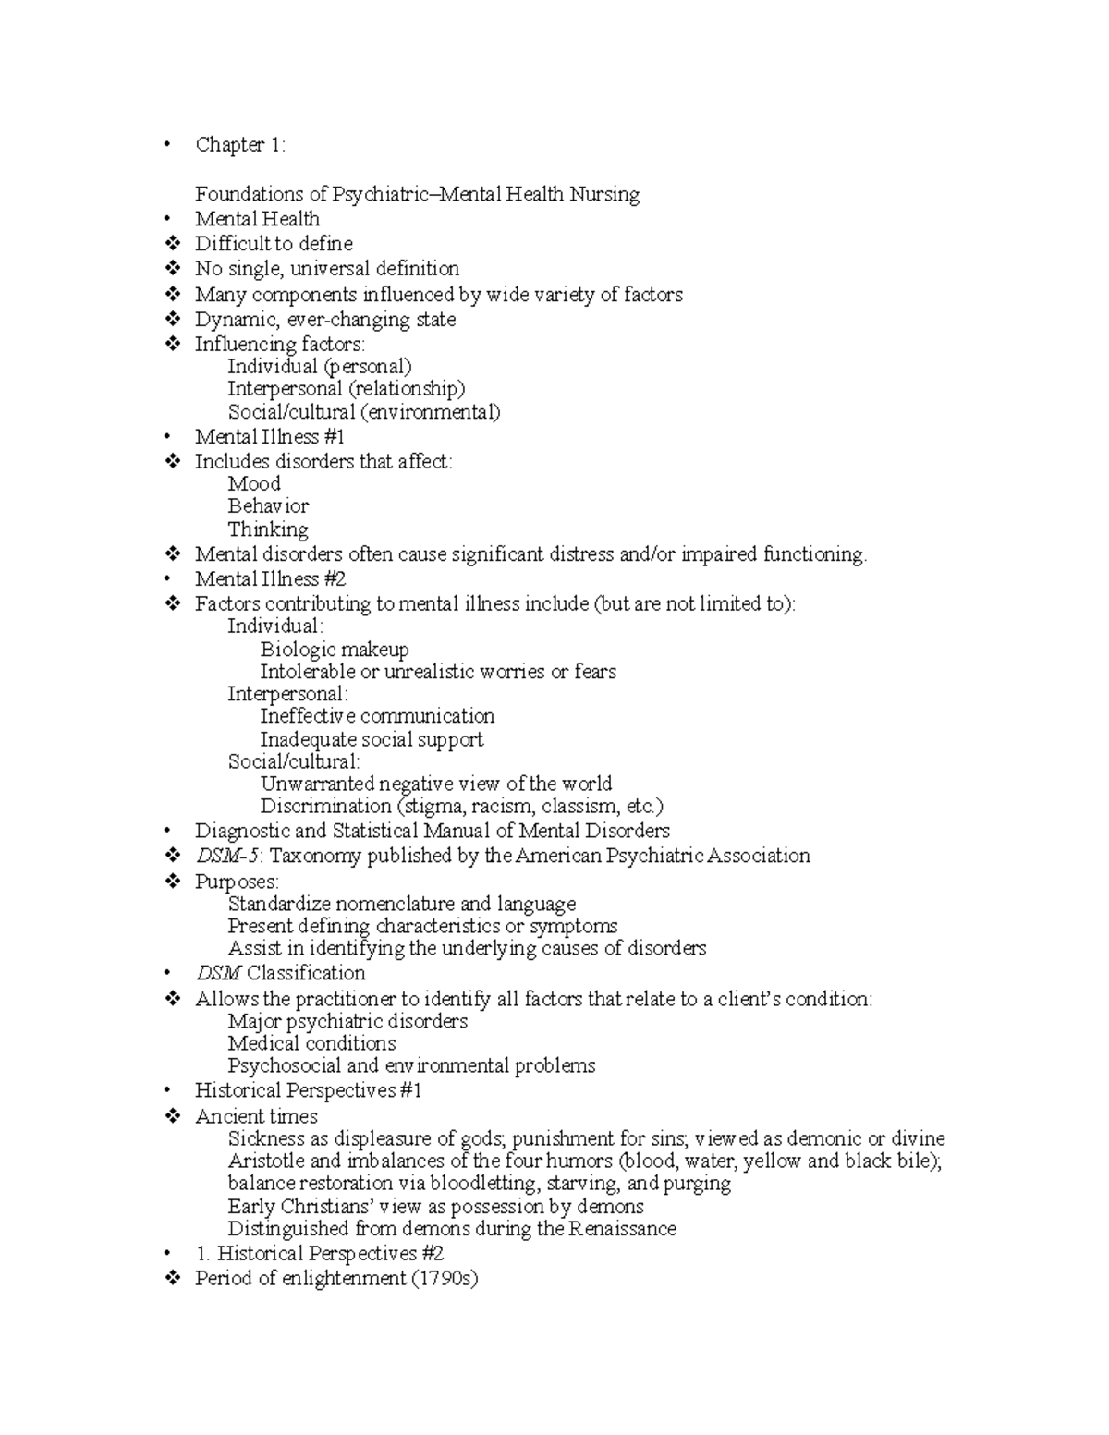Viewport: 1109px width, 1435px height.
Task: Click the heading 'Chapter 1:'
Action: [240, 145]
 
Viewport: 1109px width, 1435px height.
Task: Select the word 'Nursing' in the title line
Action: [604, 194]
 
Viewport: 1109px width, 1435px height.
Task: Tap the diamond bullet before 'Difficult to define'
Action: [172, 244]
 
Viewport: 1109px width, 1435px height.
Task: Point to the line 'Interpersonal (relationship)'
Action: [347, 389]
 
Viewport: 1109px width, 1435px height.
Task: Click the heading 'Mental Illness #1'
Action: [269, 437]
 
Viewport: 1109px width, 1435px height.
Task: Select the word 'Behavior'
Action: [268, 506]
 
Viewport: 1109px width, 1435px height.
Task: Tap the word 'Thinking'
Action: [268, 529]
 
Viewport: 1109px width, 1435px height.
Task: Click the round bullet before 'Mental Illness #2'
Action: [167, 580]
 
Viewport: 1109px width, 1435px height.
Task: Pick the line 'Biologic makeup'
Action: [335, 650]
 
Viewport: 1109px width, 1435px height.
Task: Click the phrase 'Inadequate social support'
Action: [372, 739]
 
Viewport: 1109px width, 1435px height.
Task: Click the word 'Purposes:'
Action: [237, 882]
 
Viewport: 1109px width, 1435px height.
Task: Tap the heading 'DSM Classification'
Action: [280, 973]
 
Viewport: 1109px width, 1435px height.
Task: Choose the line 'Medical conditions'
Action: [311, 1044]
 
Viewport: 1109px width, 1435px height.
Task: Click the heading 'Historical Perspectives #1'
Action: [308, 1091]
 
